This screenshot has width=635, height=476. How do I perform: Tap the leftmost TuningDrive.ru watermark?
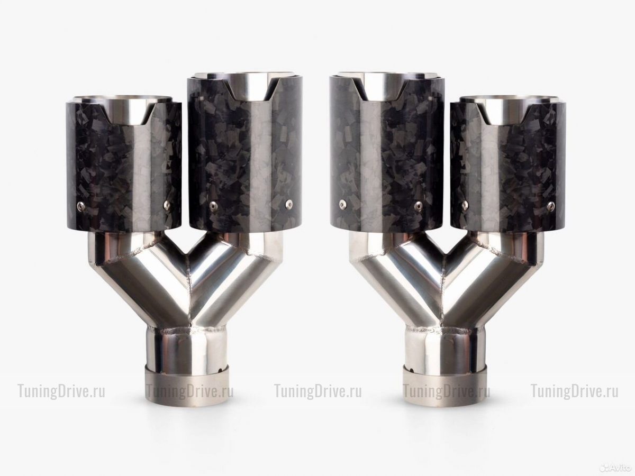click(61, 391)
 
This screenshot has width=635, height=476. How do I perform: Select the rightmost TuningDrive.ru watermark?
click(574, 391)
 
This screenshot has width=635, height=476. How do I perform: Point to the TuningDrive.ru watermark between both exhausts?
click(318, 391)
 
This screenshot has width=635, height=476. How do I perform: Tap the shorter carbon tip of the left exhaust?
click(124, 164)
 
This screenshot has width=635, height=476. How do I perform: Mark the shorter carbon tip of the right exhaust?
click(509, 164)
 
